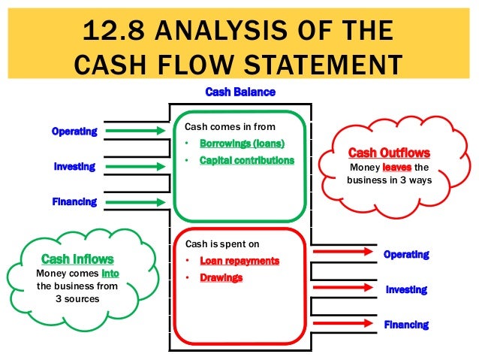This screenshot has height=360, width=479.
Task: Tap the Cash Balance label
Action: click(x=240, y=92)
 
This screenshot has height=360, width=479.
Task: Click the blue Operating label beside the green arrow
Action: click(x=74, y=132)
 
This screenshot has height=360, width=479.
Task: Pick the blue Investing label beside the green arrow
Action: click(x=74, y=166)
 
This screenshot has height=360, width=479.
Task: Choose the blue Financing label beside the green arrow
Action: click(x=74, y=201)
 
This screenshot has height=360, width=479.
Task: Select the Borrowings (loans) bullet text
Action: click(x=243, y=144)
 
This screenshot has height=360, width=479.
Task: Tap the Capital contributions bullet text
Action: click(x=247, y=160)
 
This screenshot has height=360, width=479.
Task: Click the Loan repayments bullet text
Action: click(x=239, y=261)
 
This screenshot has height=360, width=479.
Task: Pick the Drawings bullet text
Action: click(x=221, y=277)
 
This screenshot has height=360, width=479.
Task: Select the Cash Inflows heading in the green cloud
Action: click(x=77, y=259)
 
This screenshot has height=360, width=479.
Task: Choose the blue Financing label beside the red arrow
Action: click(x=406, y=325)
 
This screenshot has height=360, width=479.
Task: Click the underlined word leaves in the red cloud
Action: click(x=397, y=167)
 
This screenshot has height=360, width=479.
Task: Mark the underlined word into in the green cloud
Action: click(x=110, y=273)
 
